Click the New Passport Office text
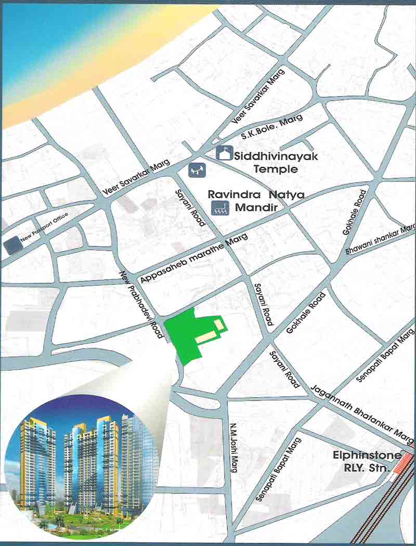point(45,229)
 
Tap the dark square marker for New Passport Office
point(10,245)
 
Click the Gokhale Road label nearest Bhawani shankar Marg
point(354,212)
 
